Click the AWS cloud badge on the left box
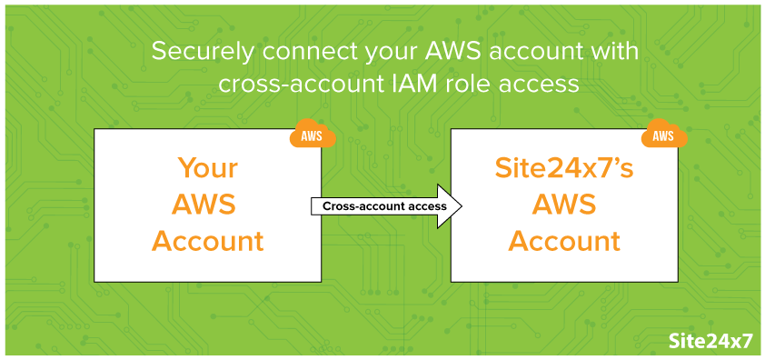click(312, 136)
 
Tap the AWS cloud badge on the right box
click(663, 136)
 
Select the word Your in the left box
click(207, 169)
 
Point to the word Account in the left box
click(207, 242)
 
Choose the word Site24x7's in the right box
click(563, 169)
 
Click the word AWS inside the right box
click(563, 205)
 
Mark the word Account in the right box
click(563, 242)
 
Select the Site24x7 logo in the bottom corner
click(710, 341)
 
